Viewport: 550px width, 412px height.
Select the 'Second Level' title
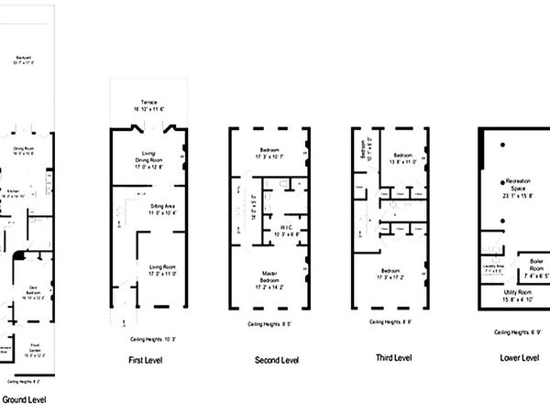(278, 361)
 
